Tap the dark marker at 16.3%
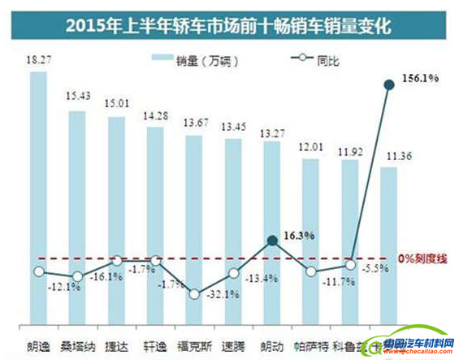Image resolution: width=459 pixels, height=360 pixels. pos(272,240)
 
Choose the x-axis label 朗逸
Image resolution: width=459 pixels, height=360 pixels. pos(37,344)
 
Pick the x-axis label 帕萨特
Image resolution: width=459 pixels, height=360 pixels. pos(311,344)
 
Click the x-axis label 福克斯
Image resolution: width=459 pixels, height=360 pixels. pos(193,344)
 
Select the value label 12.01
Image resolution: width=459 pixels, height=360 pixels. pos(311,149)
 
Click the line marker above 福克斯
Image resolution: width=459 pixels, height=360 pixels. pos(193,293)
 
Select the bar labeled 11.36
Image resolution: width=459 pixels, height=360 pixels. pos(389,244)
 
